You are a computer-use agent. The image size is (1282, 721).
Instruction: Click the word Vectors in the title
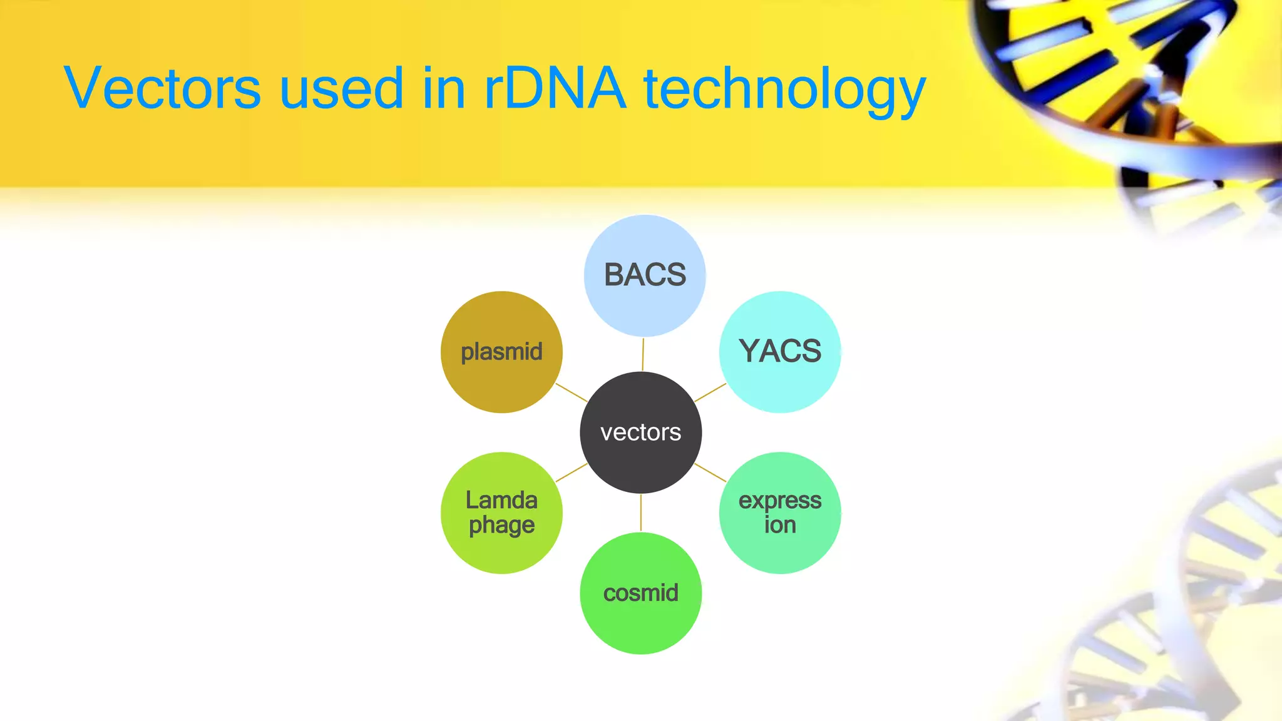coord(162,89)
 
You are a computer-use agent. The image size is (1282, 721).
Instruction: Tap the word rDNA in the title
coord(554,89)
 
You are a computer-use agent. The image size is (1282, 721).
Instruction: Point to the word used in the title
coord(341,89)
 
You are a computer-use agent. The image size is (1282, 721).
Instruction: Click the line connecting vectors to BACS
coord(643,354)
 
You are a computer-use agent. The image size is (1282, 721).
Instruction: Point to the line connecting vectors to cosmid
coord(640,513)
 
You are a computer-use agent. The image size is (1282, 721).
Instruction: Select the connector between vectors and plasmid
coord(572,392)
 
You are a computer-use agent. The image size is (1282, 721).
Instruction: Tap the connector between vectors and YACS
coord(710,392)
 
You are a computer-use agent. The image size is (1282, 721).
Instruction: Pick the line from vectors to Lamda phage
coord(572,472)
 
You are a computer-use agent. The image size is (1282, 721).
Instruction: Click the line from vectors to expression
coord(710,472)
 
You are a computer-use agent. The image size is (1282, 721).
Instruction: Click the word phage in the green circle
coord(501,526)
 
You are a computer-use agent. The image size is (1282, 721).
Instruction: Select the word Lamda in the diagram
coord(501,500)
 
